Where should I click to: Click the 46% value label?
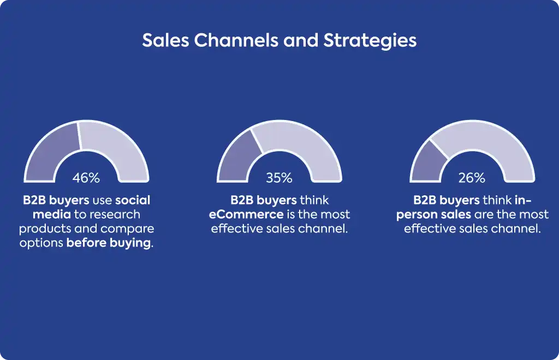[x=86, y=177]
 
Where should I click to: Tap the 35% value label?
[x=279, y=177]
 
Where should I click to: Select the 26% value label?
[x=472, y=177]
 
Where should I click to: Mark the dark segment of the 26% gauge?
[x=426, y=164]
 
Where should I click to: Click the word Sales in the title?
[x=165, y=40]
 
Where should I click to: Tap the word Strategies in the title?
[x=370, y=40]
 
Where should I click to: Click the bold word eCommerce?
[x=246, y=214]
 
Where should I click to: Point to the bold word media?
[x=52, y=214]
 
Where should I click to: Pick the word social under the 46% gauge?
[x=133, y=200]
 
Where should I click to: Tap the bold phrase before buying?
[x=109, y=243]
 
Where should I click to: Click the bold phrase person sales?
[x=433, y=215]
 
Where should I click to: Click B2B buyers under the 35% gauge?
[x=264, y=201]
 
